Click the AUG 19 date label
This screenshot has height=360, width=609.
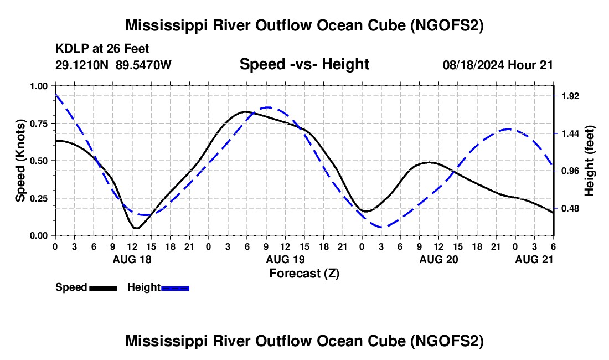(285, 259)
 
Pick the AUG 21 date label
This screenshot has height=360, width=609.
(534, 259)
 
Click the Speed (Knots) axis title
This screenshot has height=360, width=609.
(20, 161)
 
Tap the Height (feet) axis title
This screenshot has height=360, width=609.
(589, 161)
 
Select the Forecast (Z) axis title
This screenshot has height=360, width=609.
(304, 273)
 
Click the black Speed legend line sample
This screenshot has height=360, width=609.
(103, 288)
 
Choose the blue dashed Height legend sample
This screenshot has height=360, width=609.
(175, 288)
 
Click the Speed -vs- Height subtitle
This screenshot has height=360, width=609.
(304, 64)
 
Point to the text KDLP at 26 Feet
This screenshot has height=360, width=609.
(102, 49)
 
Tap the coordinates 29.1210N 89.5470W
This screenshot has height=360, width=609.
(113, 65)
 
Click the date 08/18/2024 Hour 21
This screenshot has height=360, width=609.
(498, 65)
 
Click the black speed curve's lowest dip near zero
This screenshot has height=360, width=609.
(136, 228)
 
